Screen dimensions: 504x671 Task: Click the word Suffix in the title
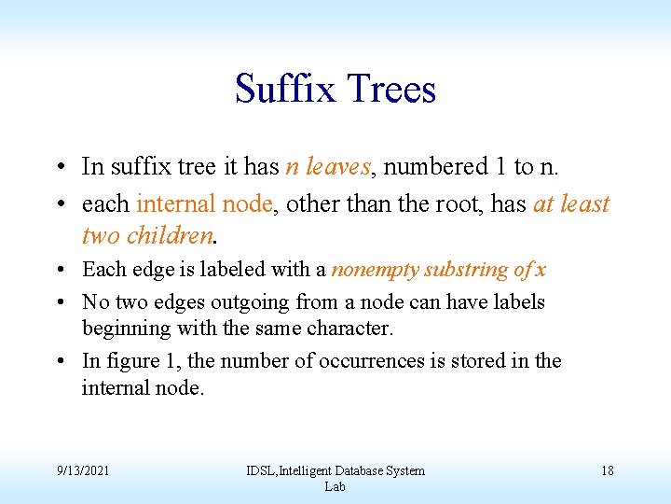pos(286,90)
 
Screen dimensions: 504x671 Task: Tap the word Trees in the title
pos(390,90)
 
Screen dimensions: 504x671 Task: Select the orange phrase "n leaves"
pos(328,167)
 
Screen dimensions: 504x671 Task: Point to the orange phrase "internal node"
pos(205,203)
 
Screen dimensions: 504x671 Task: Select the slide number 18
pos(607,470)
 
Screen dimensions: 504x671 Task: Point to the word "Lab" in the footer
pos(335,486)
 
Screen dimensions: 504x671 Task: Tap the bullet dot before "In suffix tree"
pos(59,168)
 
